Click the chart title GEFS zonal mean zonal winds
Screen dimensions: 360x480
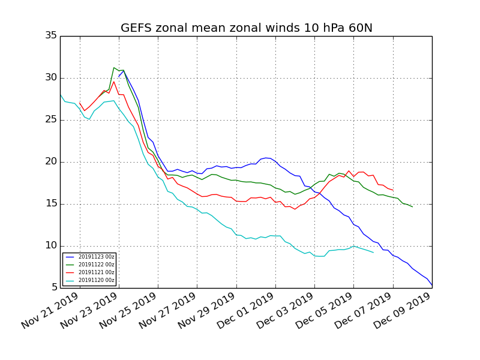coord(246,28)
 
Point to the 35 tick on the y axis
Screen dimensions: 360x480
coord(51,36)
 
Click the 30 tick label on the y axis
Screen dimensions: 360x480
coord(51,78)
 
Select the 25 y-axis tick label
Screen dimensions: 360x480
coord(51,120)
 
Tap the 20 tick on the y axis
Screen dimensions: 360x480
coord(51,162)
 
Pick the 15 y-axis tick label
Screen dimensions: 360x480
coord(51,204)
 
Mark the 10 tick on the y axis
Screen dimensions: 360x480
coord(51,246)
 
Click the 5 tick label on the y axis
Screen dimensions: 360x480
coord(54,288)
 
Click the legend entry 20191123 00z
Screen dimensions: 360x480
coord(96,257)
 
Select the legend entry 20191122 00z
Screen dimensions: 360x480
coord(96,265)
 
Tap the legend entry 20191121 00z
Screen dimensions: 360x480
coord(96,272)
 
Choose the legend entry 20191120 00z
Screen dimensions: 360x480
coord(96,280)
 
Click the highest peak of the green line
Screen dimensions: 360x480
coord(114,68)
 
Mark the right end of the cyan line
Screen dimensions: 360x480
coord(373,253)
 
